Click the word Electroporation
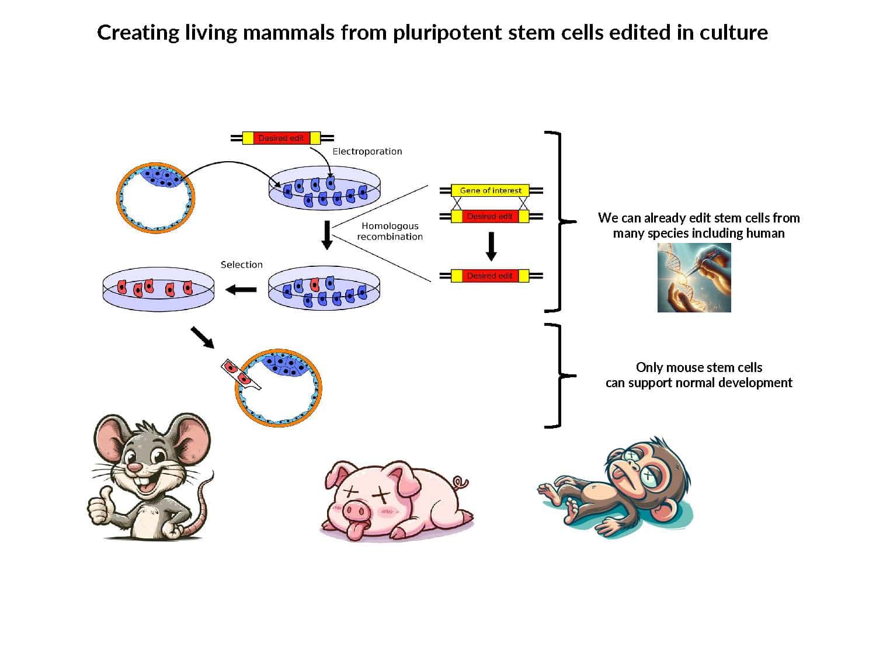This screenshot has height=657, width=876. [x=367, y=151]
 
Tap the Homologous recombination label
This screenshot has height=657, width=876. [x=390, y=231]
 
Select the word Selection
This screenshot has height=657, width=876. [x=241, y=265]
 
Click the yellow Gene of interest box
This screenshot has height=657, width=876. [x=490, y=190]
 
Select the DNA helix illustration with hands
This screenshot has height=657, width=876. [x=694, y=277]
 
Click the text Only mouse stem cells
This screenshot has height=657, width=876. [x=698, y=367]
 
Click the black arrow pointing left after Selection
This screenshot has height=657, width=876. [x=241, y=289]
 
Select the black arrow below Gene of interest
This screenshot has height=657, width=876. [x=491, y=246]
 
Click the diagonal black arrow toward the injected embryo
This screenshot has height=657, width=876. [x=203, y=338]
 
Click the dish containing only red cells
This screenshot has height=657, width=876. [x=158, y=289]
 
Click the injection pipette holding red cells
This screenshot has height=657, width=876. [x=239, y=374]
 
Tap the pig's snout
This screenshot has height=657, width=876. [x=357, y=512]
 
